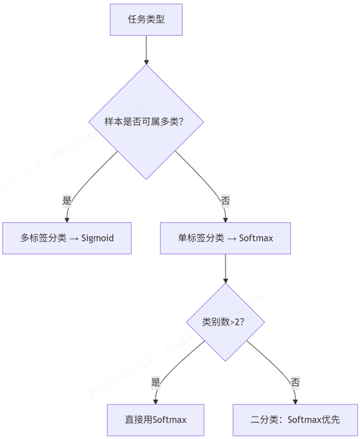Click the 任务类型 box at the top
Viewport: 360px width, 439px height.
point(146,19)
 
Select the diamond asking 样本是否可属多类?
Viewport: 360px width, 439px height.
point(146,122)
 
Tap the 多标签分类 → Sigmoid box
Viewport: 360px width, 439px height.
point(67,237)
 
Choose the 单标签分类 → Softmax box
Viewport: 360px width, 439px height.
point(226,237)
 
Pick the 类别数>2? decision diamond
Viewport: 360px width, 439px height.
point(226,323)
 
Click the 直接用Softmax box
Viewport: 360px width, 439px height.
point(156,420)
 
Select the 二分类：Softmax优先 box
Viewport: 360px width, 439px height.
point(295,420)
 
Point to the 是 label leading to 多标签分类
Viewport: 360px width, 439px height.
point(67,200)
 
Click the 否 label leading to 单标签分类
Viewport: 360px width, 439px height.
point(226,200)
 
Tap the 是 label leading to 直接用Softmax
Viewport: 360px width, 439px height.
point(156,382)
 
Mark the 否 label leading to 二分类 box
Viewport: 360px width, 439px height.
point(295,382)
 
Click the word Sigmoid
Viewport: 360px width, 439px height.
point(98,238)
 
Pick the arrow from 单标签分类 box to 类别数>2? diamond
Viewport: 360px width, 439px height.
point(226,269)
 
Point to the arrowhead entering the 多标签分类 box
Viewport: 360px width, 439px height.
point(67,218)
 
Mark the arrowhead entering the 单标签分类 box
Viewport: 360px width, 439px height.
point(226,218)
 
